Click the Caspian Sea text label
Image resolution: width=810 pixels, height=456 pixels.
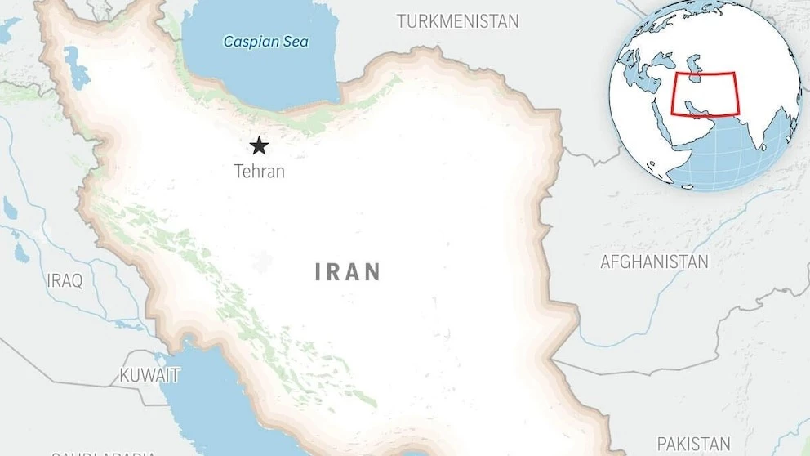(266, 41)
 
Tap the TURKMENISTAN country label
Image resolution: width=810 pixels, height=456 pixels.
(457, 21)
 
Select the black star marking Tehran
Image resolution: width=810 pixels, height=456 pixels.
(259, 146)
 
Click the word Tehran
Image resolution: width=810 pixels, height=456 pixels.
(259, 172)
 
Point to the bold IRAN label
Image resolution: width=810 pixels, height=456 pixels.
(348, 272)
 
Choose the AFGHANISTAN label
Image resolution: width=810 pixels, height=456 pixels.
(654, 262)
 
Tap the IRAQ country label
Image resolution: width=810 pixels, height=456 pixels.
(65, 281)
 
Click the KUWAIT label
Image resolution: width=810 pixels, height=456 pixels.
(149, 376)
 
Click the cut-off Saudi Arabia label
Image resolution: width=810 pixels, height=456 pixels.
(102, 452)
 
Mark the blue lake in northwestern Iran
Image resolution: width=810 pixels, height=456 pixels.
(78, 69)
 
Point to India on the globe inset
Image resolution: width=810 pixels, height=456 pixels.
(755, 123)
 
